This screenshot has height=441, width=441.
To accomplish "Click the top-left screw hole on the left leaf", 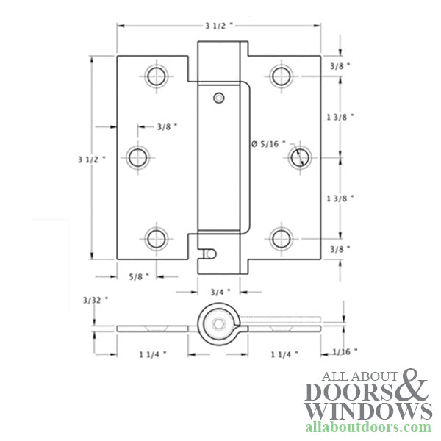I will click(155, 75).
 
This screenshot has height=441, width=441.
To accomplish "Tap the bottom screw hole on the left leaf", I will click(155, 238).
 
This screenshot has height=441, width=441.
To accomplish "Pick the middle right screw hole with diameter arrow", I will click(298, 157).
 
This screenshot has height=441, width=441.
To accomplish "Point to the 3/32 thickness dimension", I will click(96, 299).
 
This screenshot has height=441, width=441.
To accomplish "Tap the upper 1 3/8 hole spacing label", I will click(339, 117).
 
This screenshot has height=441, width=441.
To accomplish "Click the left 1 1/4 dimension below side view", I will click(151, 354).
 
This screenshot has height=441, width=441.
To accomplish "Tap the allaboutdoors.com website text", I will click(367, 427).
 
